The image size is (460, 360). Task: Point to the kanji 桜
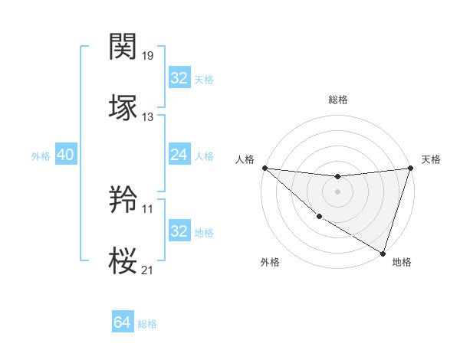[123, 260]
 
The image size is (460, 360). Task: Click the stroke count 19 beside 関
[148, 56]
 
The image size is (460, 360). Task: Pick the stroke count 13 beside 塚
[148, 117]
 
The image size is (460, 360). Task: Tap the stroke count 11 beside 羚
[148, 208]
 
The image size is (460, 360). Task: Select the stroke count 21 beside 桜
[148, 269]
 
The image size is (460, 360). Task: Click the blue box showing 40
[65, 155]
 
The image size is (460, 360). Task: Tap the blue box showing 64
[122, 322]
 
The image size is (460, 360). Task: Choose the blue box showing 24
[179, 155]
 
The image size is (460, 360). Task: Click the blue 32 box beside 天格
[179, 78]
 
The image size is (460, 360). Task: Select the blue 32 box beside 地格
[179, 231]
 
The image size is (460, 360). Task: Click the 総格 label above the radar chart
[338, 100]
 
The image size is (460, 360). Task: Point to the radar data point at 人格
[264, 168]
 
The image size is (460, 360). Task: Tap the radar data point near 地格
[383, 254]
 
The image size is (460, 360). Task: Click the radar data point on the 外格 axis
[318, 218]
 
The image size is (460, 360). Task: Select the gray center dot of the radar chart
[337, 191]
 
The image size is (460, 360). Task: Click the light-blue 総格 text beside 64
[147, 324]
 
